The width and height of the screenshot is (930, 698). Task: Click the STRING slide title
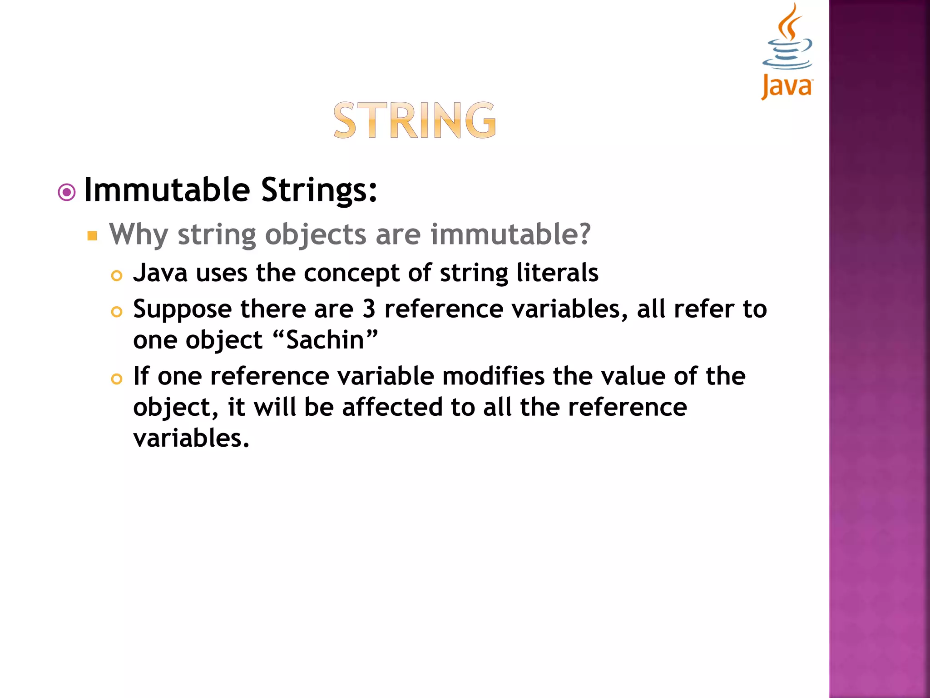(x=415, y=120)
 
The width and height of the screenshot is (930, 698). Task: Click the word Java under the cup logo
(x=787, y=86)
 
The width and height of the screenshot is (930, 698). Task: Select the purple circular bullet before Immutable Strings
(x=67, y=193)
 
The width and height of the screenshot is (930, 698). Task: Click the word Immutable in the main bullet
(x=167, y=190)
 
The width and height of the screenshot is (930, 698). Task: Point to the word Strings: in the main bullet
(x=319, y=190)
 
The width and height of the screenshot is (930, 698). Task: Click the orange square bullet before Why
(x=93, y=236)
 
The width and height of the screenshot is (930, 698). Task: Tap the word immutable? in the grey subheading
(x=510, y=234)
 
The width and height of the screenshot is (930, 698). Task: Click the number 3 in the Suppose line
(x=369, y=309)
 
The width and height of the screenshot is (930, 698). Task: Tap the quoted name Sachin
(x=326, y=340)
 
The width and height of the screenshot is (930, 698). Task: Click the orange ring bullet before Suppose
(x=117, y=312)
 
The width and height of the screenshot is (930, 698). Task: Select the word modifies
(x=493, y=376)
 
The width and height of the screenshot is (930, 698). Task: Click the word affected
(x=392, y=407)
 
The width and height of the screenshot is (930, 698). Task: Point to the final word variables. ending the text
(x=191, y=438)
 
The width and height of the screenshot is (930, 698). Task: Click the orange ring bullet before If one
(x=117, y=379)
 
